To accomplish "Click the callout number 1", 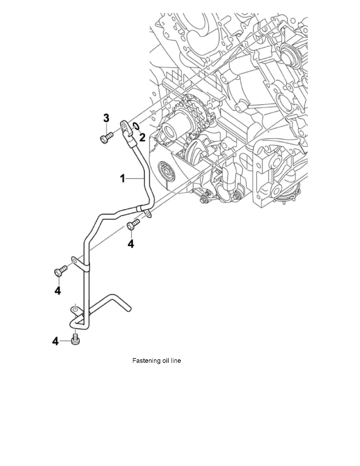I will point(123,178).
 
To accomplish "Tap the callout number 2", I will point(142,137).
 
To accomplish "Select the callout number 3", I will point(106,118).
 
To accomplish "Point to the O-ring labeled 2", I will point(136,126).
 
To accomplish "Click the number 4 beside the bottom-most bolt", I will point(56,342).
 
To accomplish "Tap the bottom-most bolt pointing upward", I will point(76,340).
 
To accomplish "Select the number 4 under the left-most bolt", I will point(58,291).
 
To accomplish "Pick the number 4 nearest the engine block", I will point(131,244).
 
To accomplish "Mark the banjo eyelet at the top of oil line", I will point(124,126).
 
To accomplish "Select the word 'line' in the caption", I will point(176,360).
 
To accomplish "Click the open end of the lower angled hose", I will point(130,309).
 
